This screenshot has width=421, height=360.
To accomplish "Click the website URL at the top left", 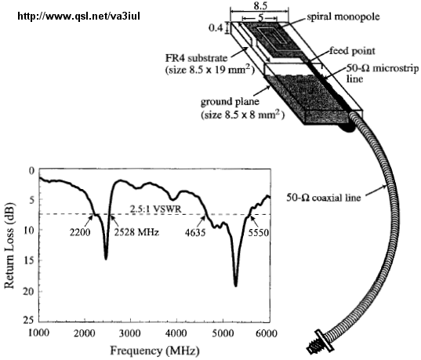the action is click(x=78, y=16).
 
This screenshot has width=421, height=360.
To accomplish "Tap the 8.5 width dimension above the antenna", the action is click(x=260, y=5).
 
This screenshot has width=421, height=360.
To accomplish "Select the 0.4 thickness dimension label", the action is click(x=216, y=27).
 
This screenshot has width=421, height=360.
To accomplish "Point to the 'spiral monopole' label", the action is click(x=343, y=17).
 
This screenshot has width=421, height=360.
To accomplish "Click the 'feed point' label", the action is click(x=352, y=51).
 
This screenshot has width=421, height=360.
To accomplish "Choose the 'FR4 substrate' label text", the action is click(x=196, y=58).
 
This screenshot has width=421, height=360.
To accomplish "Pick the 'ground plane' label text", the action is click(x=230, y=102).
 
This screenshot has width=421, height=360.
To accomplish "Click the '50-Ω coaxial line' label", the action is click(x=323, y=198).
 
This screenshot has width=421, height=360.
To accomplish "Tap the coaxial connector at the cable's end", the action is click(x=321, y=342).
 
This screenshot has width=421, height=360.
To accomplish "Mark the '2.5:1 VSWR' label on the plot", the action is click(x=156, y=209).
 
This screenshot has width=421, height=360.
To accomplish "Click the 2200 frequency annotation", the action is click(x=80, y=232).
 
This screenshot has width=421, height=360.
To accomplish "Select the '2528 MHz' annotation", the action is click(x=136, y=232).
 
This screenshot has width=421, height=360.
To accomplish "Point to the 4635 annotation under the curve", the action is click(x=195, y=233).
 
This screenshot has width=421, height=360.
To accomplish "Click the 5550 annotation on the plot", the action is click(x=258, y=233).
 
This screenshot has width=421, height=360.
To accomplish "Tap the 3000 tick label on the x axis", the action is click(x=130, y=333).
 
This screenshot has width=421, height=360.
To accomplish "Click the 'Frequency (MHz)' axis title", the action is click(x=155, y=351).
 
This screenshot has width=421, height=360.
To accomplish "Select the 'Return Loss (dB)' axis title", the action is click(x=9, y=245).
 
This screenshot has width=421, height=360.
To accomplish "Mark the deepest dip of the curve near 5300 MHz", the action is click(x=236, y=285).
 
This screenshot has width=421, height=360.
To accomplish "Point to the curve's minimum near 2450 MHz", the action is click(x=106, y=259).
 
